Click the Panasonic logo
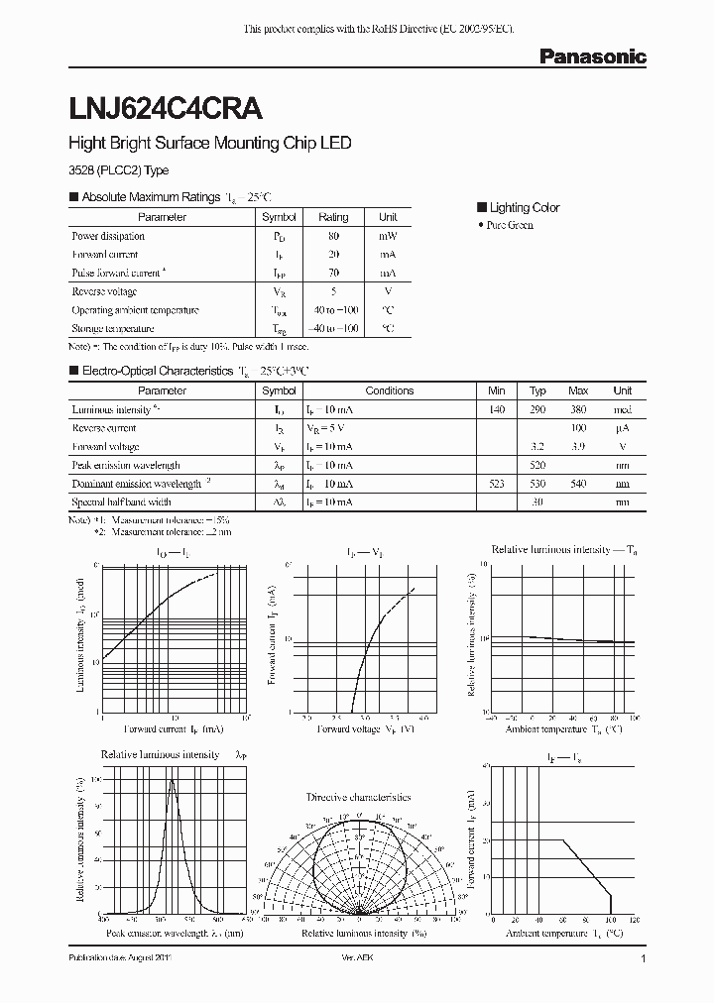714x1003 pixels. (592, 57)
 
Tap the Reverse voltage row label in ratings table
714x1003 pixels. (104, 292)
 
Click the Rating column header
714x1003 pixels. (333, 217)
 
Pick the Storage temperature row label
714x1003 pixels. (112, 328)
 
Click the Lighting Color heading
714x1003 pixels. (524, 207)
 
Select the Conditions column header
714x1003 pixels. (389, 390)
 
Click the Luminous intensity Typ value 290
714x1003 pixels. (537, 409)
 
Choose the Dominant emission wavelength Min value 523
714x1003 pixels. (497, 484)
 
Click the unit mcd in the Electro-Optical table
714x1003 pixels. (622, 409)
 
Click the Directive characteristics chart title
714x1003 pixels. (358, 797)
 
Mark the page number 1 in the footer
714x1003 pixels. (644, 959)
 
